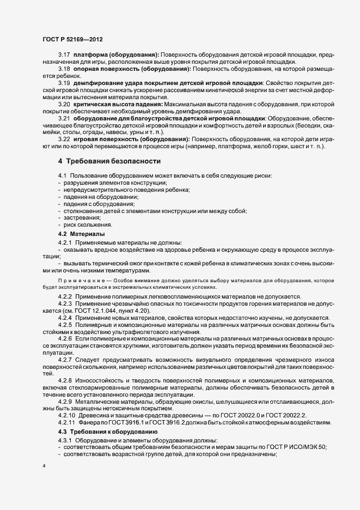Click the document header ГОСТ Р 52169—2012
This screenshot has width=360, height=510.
[72, 40]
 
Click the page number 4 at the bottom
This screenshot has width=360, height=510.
[44, 467]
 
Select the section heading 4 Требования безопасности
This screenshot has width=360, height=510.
[109, 161]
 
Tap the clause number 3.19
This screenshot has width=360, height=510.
[64, 83]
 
